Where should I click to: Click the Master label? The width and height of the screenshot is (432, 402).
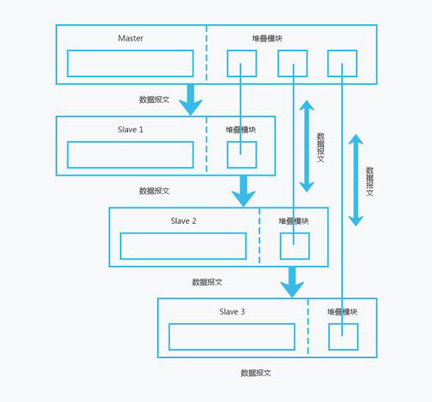pos(130,38)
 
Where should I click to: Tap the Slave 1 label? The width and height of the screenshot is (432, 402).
pos(130,130)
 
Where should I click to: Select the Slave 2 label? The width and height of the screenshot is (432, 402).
pos(183,221)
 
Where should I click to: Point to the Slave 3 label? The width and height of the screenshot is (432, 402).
pos(232,312)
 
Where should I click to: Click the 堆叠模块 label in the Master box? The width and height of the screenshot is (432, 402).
pos(267,38)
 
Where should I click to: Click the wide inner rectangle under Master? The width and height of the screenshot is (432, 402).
pos(130,63)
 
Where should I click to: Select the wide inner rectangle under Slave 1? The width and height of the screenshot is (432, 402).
pos(130,155)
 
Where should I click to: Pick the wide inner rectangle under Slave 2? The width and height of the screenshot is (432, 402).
pos(183,246)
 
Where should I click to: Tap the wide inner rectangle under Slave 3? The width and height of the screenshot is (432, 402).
pos(232,337)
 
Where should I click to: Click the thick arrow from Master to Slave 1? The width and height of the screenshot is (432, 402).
pos(191,99)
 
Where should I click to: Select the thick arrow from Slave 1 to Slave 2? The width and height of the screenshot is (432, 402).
pos(244,191)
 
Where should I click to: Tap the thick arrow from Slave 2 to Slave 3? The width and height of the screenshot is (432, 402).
pos(292,282)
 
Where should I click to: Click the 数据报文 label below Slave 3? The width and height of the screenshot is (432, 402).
pos(256,373)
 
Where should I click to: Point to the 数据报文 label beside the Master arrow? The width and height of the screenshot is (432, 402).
pos(154,99)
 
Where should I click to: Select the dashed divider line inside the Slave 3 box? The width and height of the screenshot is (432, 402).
pos(308,328)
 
